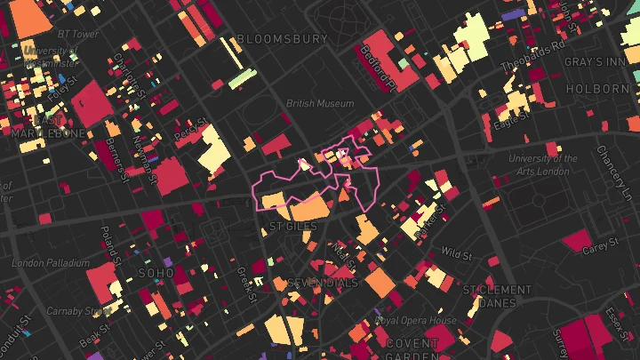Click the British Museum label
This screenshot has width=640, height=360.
(320, 104)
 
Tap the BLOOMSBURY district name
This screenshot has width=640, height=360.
(283, 39)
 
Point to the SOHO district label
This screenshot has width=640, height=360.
(156, 262)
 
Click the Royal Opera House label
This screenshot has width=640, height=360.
(415, 321)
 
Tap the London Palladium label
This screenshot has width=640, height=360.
(52, 263)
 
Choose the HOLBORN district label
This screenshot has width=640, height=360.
(596, 90)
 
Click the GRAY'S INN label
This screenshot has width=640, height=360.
(596, 63)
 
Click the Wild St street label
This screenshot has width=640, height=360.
(456, 253)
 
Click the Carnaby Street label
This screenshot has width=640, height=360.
(79, 312)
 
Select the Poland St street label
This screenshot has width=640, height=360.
(109, 245)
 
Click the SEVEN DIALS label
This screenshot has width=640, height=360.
(323, 284)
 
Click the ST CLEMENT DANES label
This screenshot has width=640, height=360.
(497, 296)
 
